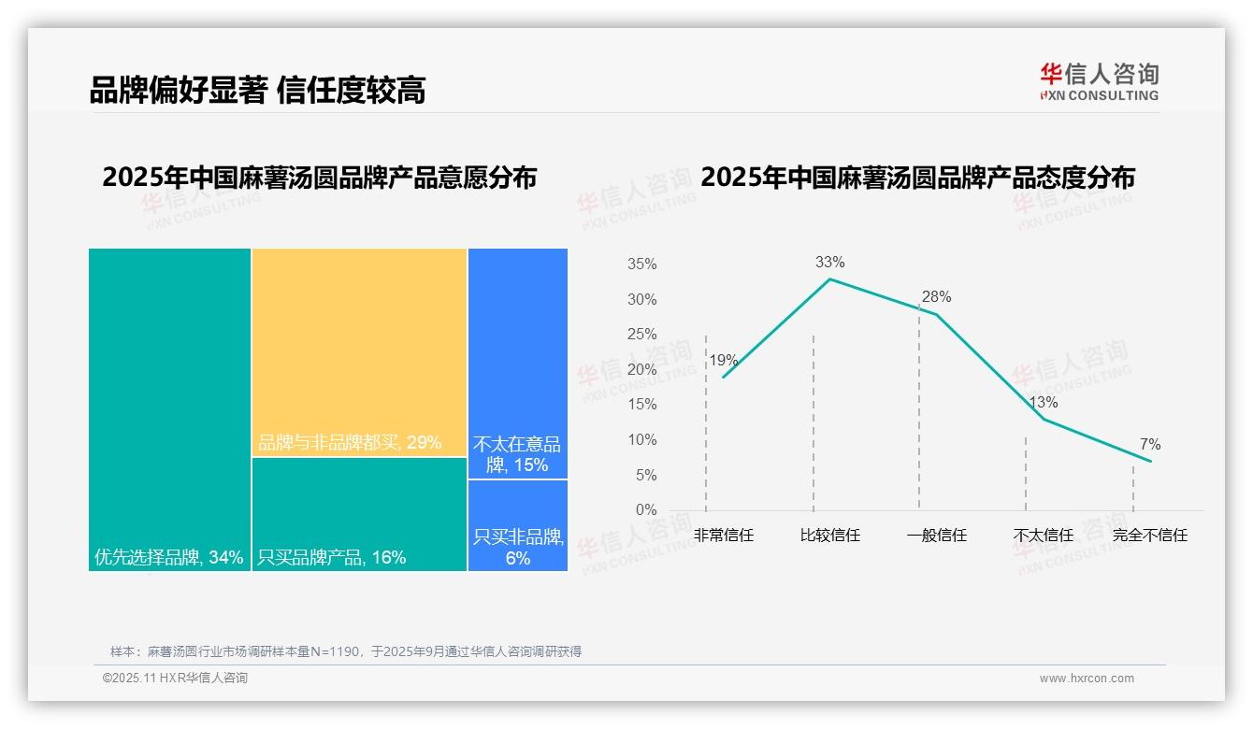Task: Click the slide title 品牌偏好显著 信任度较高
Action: point(257,91)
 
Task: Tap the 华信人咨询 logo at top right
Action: point(1099,81)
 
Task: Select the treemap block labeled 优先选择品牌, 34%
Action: point(169,408)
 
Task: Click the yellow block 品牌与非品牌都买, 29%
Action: point(359,351)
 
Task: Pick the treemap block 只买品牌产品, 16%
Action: point(359,513)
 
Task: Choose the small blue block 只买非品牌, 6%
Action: point(517,525)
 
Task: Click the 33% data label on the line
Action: point(829,262)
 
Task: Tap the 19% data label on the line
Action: point(723,360)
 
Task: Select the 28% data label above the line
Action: point(936,297)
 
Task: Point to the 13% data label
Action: point(1043,402)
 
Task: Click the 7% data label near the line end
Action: point(1149,444)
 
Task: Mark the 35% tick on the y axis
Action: point(641,264)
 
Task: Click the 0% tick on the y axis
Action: point(646,510)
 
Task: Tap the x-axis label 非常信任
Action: point(723,536)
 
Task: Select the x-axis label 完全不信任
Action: point(1149,536)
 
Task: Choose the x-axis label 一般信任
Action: point(936,536)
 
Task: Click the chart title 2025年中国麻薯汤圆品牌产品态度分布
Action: point(917,177)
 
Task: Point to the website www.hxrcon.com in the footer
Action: point(1087,679)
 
